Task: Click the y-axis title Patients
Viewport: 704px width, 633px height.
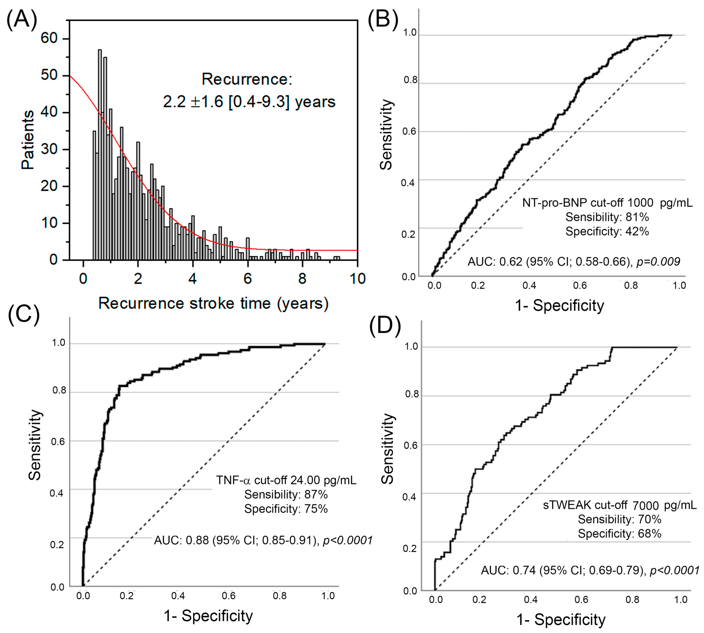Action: pos(28,140)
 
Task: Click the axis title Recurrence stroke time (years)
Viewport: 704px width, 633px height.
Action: pos(213,303)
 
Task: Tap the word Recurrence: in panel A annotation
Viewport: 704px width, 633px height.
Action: pos(247,79)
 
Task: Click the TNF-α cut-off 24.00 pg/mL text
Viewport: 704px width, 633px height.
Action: pos(286,480)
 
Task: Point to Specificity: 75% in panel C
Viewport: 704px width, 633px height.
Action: pos(286,509)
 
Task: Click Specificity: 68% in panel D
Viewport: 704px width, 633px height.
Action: pos(619,534)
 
